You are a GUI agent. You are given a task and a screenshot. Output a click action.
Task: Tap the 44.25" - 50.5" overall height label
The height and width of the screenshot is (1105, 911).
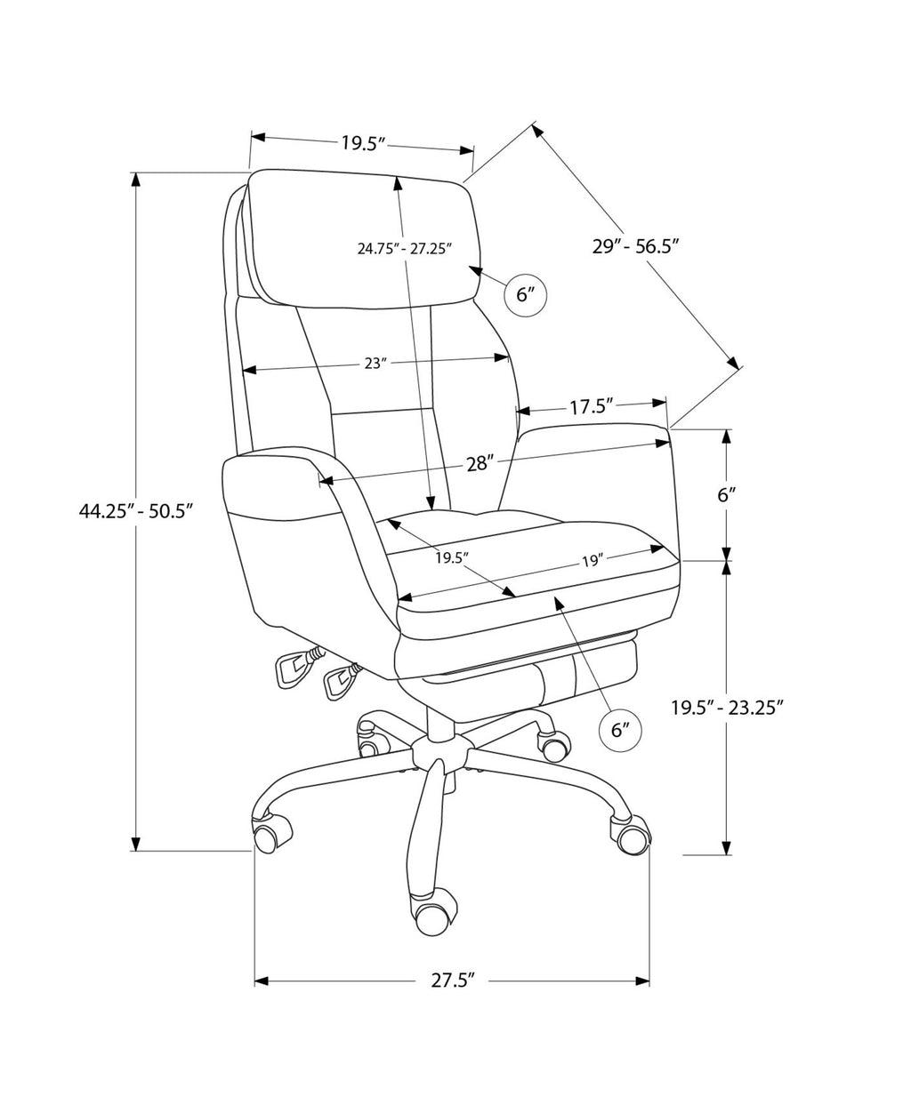click(135, 510)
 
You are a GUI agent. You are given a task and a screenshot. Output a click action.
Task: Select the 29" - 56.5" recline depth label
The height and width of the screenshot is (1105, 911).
click(635, 245)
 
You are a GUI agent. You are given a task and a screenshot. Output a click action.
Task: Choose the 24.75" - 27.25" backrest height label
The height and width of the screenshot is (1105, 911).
click(404, 248)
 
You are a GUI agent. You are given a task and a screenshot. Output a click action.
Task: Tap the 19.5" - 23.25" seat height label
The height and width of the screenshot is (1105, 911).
click(727, 707)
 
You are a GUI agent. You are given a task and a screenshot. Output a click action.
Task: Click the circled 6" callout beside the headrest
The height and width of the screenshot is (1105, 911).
click(523, 294)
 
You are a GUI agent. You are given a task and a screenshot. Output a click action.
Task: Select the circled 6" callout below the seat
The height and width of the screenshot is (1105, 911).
click(619, 730)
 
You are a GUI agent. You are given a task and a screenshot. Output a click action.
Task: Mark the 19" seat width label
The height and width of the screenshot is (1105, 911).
click(593, 561)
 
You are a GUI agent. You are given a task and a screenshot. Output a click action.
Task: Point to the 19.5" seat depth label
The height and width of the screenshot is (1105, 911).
click(452, 557)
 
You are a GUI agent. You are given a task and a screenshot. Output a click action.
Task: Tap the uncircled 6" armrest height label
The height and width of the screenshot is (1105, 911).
click(727, 495)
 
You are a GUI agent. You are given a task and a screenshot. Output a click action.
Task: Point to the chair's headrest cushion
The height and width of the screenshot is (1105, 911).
click(364, 238)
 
